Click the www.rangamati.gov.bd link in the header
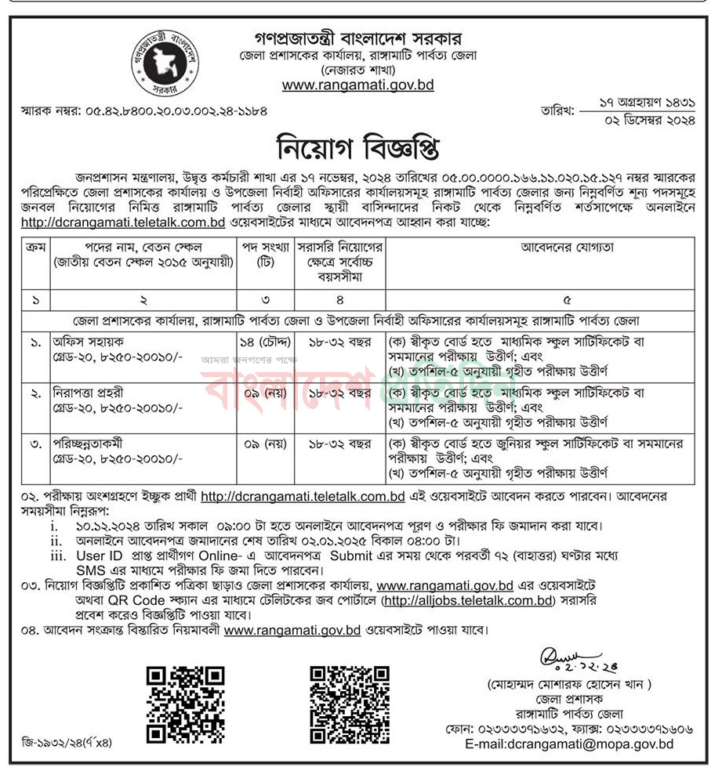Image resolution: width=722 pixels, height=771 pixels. pos(358,85)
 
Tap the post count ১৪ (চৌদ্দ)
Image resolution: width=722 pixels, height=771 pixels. pos(265,342)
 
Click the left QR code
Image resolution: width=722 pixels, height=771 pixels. pos(186,704)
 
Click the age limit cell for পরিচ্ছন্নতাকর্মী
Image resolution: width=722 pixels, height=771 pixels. pos(338,444)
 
